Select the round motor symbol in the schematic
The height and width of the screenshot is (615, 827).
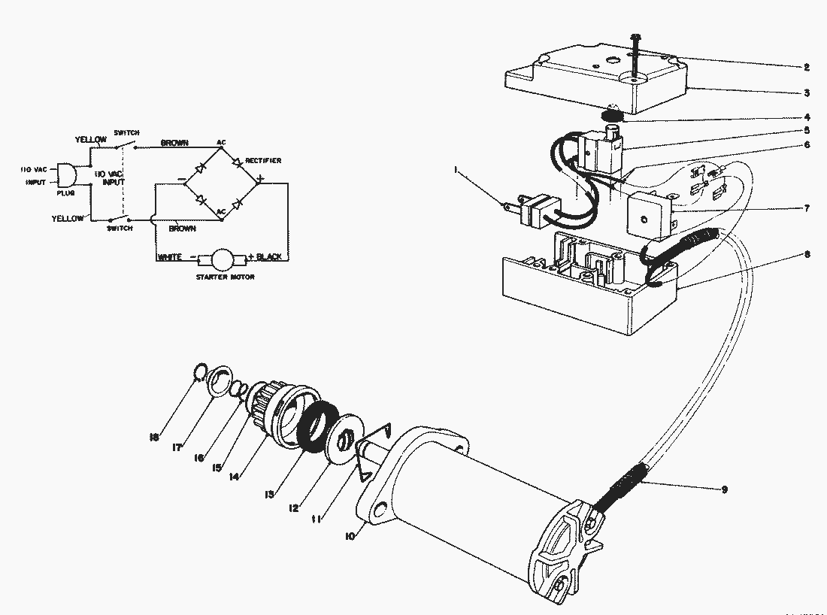coord(222,259)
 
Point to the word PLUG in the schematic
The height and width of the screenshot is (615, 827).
coord(65,192)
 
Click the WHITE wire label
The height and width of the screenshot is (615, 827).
coord(171,257)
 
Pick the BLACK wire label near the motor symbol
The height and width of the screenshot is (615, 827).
coord(268,257)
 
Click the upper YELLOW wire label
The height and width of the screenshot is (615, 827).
coord(90,140)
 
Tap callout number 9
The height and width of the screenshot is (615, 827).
coord(724,490)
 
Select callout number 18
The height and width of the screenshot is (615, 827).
coord(154,437)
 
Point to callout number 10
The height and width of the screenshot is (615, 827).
coord(350,535)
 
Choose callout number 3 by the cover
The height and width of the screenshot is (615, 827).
coord(806,93)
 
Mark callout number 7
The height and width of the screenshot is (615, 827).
coord(806,208)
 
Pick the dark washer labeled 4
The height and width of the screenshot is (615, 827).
coord(613,116)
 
